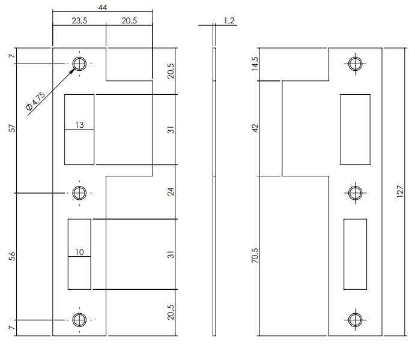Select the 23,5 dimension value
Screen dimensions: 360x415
79,20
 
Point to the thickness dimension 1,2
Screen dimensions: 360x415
229,21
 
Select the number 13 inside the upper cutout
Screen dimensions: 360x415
79,125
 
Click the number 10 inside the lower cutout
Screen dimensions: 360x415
79,252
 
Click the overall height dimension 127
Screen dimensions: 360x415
400,191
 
